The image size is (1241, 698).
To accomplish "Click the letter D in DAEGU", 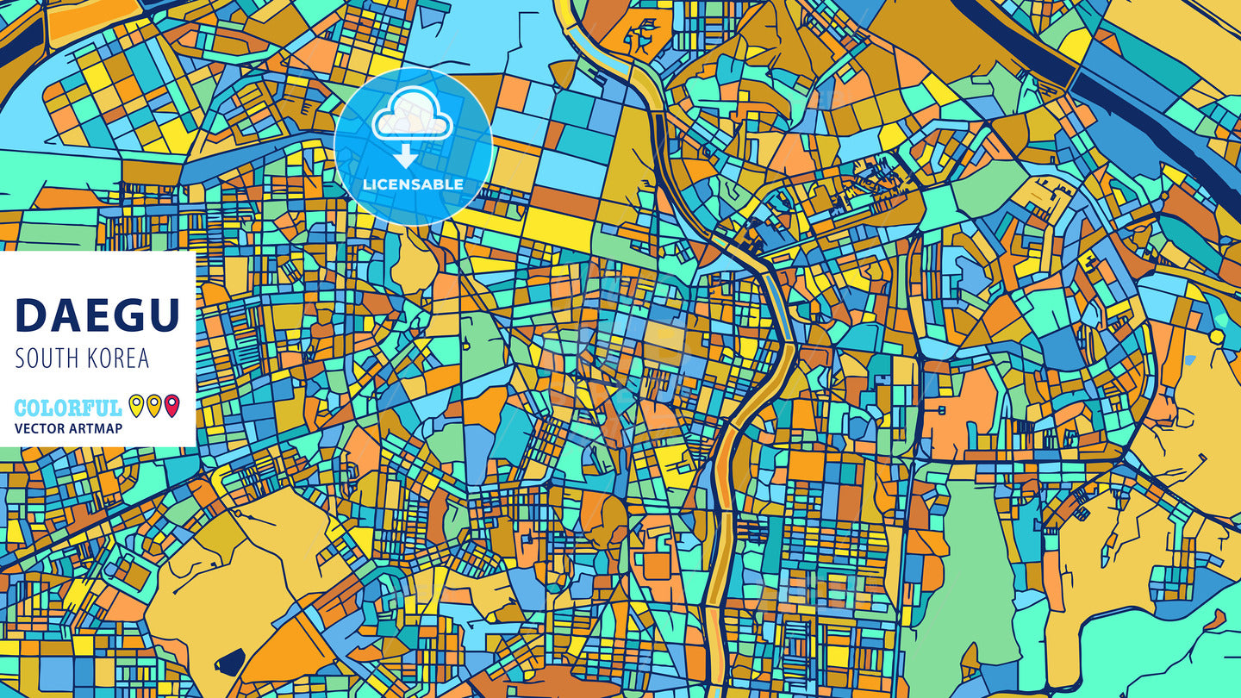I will [x=31, y=315].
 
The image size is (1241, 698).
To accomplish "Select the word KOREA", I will [x=117, y=358].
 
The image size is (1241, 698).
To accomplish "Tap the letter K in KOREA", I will [x=90, y=358].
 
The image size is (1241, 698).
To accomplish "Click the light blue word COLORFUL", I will [x=68, y=408].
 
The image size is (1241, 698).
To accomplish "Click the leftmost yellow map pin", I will [x=136, y=405].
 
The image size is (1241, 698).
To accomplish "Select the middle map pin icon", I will [x=153, y=405].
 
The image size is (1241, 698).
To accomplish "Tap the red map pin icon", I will [x=171, y=405].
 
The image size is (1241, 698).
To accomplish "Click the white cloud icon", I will [x=412, y=119].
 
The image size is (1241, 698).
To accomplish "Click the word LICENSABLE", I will [x=413, y=184].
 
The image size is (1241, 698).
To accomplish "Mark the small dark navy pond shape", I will [x=230, y=662].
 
